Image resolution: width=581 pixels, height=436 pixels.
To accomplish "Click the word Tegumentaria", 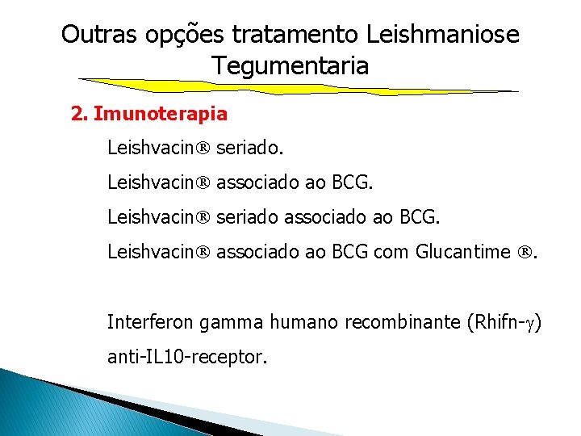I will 290,65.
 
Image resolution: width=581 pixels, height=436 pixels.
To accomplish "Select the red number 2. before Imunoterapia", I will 79,114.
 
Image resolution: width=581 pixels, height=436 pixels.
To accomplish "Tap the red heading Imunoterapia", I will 161,114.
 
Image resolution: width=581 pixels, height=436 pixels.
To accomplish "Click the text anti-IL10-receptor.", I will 186,356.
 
